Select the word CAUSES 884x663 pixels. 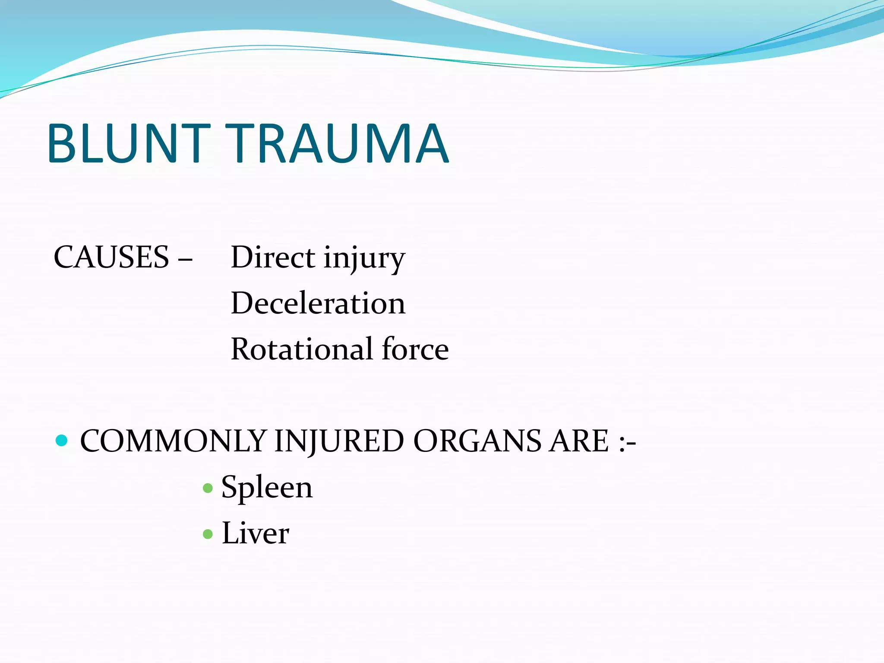(x=111, y=258)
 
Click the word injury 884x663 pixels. (x=364, y=259)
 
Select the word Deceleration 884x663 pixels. (x=318, y=303)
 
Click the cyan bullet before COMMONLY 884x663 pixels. (x=62, y=441)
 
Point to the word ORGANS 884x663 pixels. (x=477, y=442)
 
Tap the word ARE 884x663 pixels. (x=579, y=442)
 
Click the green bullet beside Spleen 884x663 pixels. (x=208, y=488)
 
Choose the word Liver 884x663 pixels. (x=255, y=534)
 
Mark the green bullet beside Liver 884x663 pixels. (x=208, y=534)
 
